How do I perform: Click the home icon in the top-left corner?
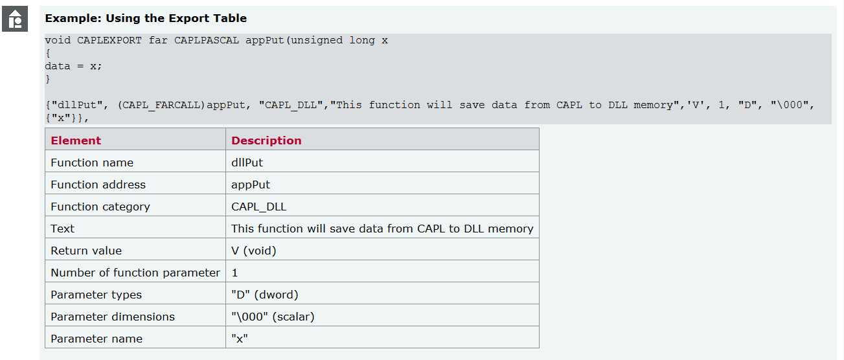(x=16, y=19)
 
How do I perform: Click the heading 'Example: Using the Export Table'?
(x=146, y=19)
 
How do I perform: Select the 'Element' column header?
(x=76, y=141)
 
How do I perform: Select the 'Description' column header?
(x=266, y=141)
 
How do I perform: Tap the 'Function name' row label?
(x=92, y=163)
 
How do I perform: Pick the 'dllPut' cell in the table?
(x=247, y=163)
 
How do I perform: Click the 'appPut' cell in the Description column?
(x=251, y=185)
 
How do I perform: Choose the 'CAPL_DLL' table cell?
(x=258, y=207)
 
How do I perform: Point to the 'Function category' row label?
(x=100, y=207)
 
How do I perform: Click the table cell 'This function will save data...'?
(x=382, y=229)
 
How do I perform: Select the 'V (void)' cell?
(x=254, y=251)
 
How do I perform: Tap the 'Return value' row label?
(x=86, y=251)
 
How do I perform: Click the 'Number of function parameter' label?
(x=135, y=273)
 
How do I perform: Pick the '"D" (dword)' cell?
(x=265, y=295)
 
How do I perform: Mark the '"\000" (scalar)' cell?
(x=273, y=317)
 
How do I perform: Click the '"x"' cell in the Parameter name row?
(x=240, y=339)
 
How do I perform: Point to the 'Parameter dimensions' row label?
(x=113, y=317)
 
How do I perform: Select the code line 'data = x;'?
(x=73, y=66)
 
